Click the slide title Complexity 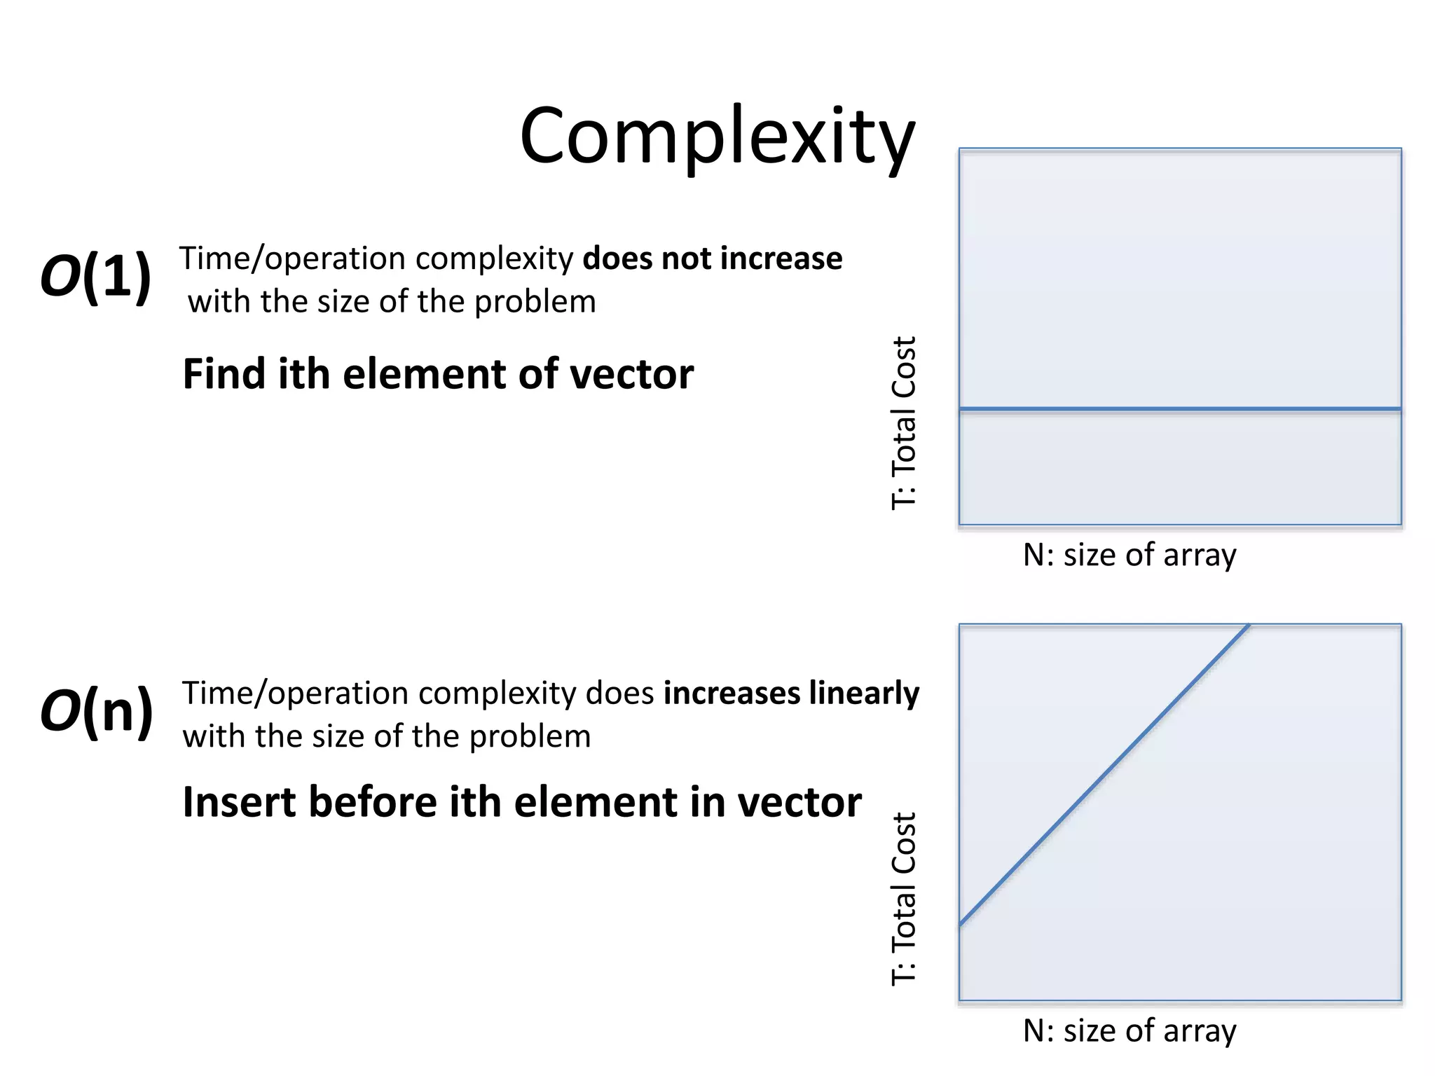point(717,137)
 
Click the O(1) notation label point(96,277)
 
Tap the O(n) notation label point(97,711)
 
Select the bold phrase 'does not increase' point(712,258)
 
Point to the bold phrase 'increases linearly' point(791,694)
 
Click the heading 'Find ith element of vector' point(438,374)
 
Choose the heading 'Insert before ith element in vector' point(521,802)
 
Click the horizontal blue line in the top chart point(1180,408)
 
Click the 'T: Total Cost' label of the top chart point(904,423)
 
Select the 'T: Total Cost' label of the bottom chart point(904,899)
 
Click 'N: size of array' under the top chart point(1130,556)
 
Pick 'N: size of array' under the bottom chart point(1130,1031)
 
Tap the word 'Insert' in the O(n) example point(239,802)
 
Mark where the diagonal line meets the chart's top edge point(1249,625)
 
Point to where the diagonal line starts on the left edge point(961,925)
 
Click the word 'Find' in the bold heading point(224,374)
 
